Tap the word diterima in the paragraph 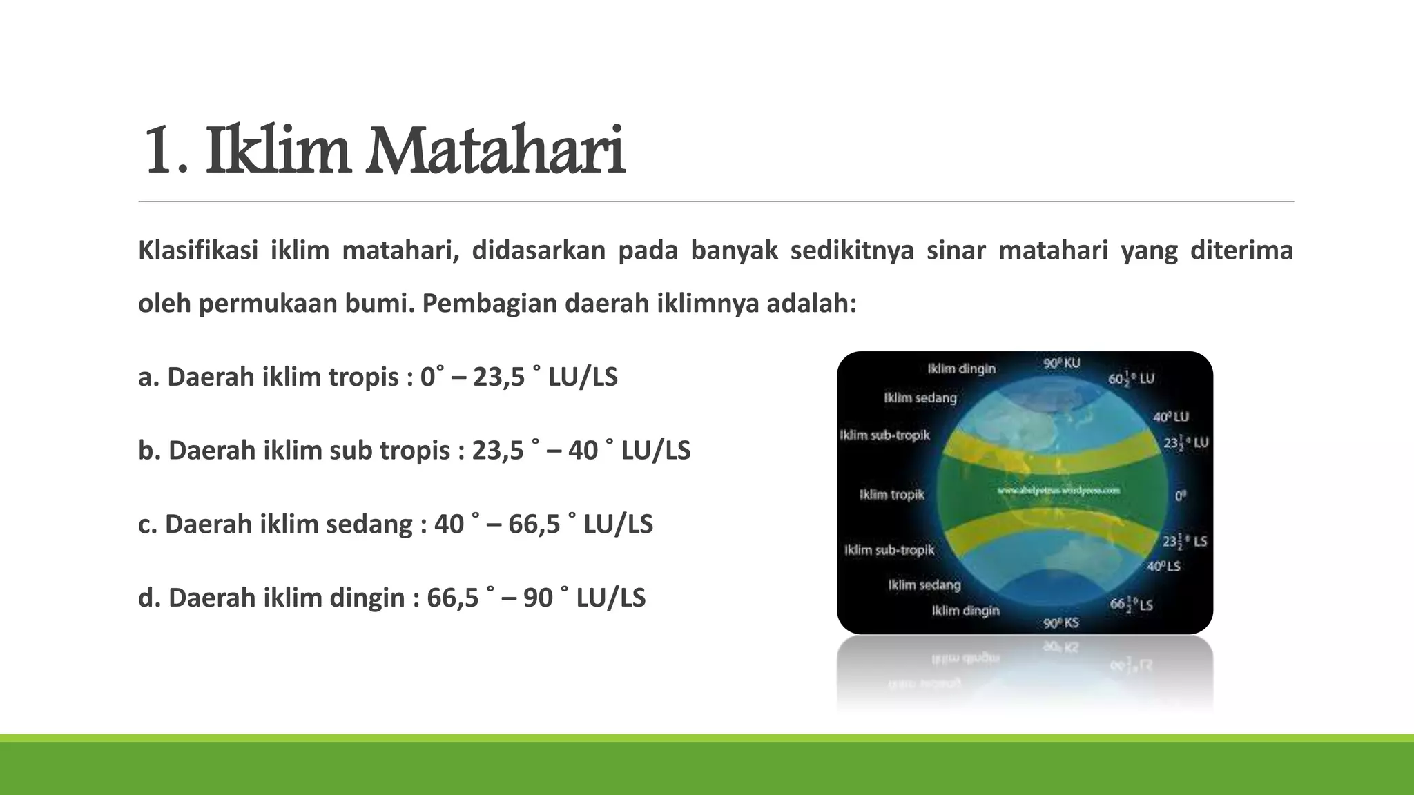click(x=1241, y=251)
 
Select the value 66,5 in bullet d click(x=452, y=598)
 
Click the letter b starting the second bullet click(x=145, y=451)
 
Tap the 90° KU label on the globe click(x=1062, y=363)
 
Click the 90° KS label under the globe click(x=1061, y=623)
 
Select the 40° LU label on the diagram click(x=1171, y=417)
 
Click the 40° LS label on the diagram click(x=1164, y=567)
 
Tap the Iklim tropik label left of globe click(x=891, y=495)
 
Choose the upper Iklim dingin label click(x=961, y=369)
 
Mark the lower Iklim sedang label click(x=924, y=585)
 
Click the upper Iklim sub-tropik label click(x=884, y=435)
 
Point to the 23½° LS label click(x=1184, y=542)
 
